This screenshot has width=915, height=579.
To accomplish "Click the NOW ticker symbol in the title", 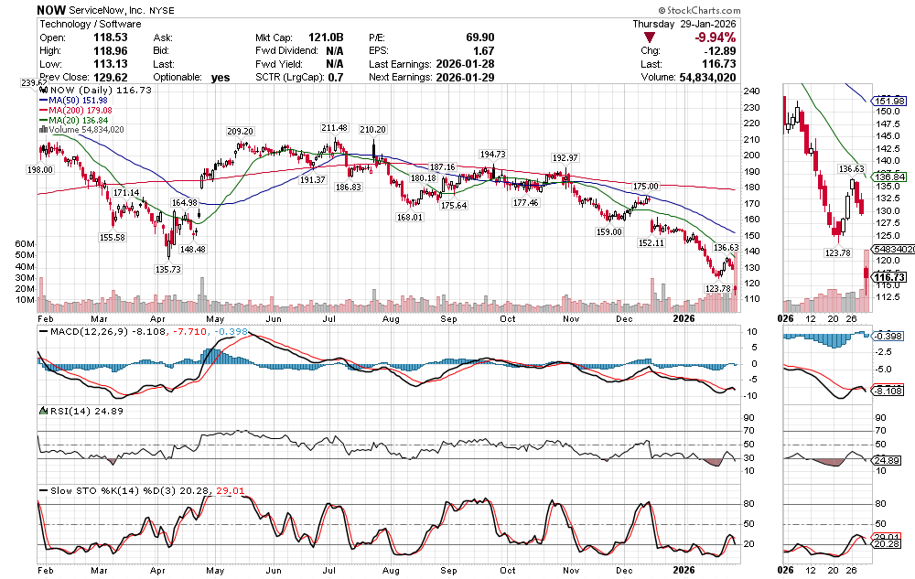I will pyautogui.click(x=51, y=8).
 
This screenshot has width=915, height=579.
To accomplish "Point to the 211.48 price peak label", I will pyautogui.click(x=335, y=128).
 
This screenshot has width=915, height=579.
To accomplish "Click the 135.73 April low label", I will pyautogui.click(x=167, y=269).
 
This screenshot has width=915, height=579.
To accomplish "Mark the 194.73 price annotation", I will pyautogui.click(x=492, y=155).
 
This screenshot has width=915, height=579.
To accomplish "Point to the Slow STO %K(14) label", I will pyautogui.click(x=91, y=491).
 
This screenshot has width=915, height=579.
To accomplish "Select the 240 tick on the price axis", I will pyautogui.click(x=753, y=91).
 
